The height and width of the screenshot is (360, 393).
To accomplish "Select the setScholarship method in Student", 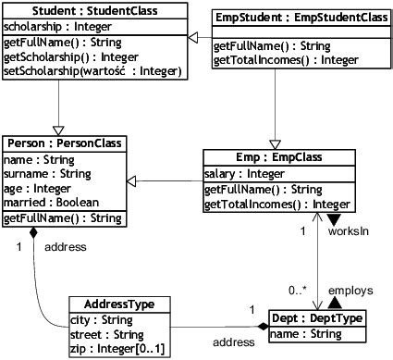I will click(92, 70).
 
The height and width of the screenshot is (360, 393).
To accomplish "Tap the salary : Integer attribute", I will click(243, 173).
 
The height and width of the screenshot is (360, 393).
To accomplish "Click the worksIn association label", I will click(349, 231).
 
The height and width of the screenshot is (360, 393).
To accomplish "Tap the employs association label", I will click(350, 290).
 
